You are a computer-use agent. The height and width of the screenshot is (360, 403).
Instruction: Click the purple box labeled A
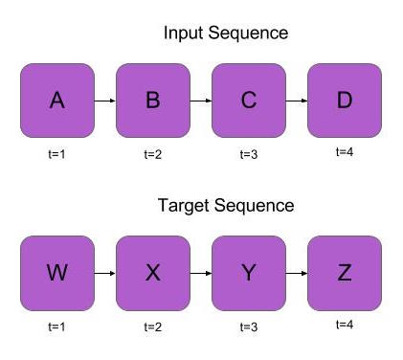[57, 101]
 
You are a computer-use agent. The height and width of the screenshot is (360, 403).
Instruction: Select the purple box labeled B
[153, 101]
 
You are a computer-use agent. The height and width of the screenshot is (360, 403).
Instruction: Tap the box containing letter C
[249, 101]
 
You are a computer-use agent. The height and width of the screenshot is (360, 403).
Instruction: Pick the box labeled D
[345, 101]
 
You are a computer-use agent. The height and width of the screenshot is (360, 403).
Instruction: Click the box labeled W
[57, 273]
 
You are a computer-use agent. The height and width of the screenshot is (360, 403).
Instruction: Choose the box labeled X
[153, 273]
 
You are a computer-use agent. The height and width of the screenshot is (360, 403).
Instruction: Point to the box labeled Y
[249, 273]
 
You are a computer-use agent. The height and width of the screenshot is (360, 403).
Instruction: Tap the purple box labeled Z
[345, 273]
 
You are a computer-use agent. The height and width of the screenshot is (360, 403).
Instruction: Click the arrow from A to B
[105, 101]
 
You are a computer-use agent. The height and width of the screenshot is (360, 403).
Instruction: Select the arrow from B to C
[201, 101]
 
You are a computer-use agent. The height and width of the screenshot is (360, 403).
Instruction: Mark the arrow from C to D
[297, 101]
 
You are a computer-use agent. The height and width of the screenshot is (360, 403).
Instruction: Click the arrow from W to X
[105, 273]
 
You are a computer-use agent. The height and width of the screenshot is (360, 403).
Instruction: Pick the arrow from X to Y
[201, 273]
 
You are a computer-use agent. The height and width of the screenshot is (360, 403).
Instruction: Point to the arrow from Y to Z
[297, 273]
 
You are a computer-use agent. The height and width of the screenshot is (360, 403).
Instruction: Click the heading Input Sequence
[226, 34]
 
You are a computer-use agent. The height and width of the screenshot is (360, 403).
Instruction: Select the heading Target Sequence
[226, 206]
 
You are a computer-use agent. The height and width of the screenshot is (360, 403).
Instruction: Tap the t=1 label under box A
[57, 154]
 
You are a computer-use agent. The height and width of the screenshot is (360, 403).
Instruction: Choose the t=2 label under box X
[153, 326]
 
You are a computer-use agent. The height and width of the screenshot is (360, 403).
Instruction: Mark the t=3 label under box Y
[249, 326]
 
